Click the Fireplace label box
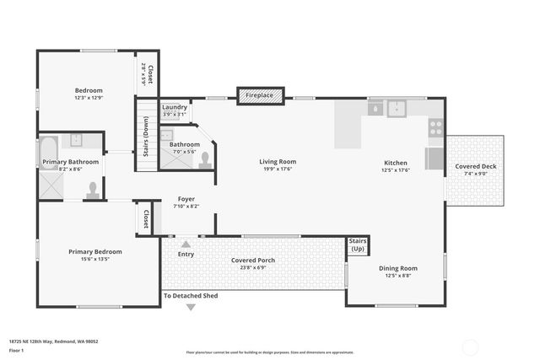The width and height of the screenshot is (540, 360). coord(259,96)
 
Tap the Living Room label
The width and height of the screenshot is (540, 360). coord(277,162)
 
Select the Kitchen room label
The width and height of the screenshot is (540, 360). coord(396,163)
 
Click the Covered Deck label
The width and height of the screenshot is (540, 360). coord(476,167)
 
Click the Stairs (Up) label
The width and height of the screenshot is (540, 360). coord(358,245)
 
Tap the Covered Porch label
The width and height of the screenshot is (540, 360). coord(253,260)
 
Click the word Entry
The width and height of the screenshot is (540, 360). coord(186,254)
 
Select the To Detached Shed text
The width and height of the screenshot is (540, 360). coord(191,296)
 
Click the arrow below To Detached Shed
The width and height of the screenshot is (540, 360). coord(191,307)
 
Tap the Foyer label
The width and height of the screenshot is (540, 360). coord(186,199)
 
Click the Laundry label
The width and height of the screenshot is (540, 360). coord(175,107)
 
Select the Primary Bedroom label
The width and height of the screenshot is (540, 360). coord(95,251)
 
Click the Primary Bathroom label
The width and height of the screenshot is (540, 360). coord(71,162)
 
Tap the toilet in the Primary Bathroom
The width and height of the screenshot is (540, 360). coord(93,191)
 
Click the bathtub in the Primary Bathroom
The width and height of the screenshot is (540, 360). coord(49,153)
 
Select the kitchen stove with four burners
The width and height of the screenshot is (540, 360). coord(435,128)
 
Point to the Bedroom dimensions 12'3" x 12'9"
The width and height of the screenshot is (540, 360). coord(89,98)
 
